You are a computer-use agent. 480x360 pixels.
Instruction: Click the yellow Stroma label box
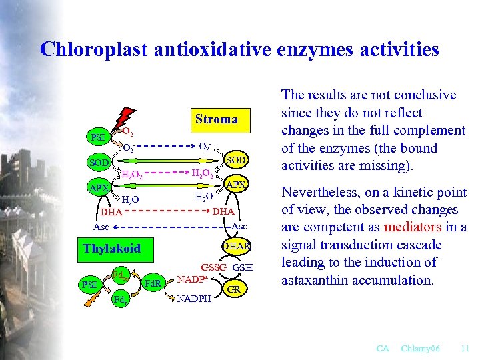coord(217,120)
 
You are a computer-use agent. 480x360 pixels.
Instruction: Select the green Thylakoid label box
coord(111,248)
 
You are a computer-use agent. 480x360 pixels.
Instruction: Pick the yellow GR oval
coord(234,289)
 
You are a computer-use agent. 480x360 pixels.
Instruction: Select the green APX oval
coord(98,188)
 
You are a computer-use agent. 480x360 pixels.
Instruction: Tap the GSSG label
coord(214,267)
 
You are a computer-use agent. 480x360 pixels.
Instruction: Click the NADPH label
coord(194,299)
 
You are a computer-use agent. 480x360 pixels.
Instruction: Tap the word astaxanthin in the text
coord(313,280)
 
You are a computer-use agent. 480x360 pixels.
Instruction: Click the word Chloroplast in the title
coord(103,49)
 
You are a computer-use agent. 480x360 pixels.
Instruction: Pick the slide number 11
coord(465,348)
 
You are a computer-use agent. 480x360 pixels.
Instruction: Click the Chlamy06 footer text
coord(420,348)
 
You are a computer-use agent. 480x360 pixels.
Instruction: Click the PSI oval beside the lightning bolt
coord(98,137)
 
